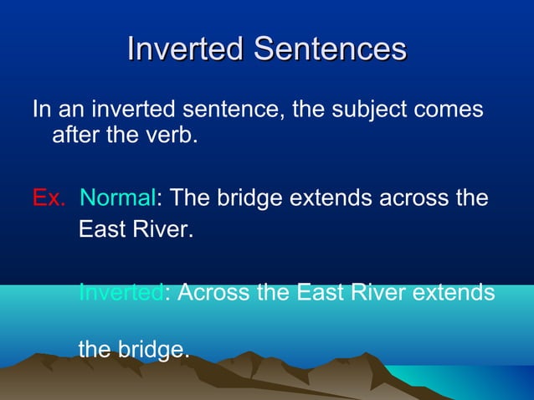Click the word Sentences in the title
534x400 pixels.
click(x=330, y=48)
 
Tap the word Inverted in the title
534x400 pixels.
click(x=186, y=48)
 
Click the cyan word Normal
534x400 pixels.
click(x=117, y=199)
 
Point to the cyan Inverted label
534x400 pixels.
click(x=121, y=293)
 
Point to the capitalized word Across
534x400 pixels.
click(x=211, y=293)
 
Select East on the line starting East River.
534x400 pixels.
click(x=99, y=228)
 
